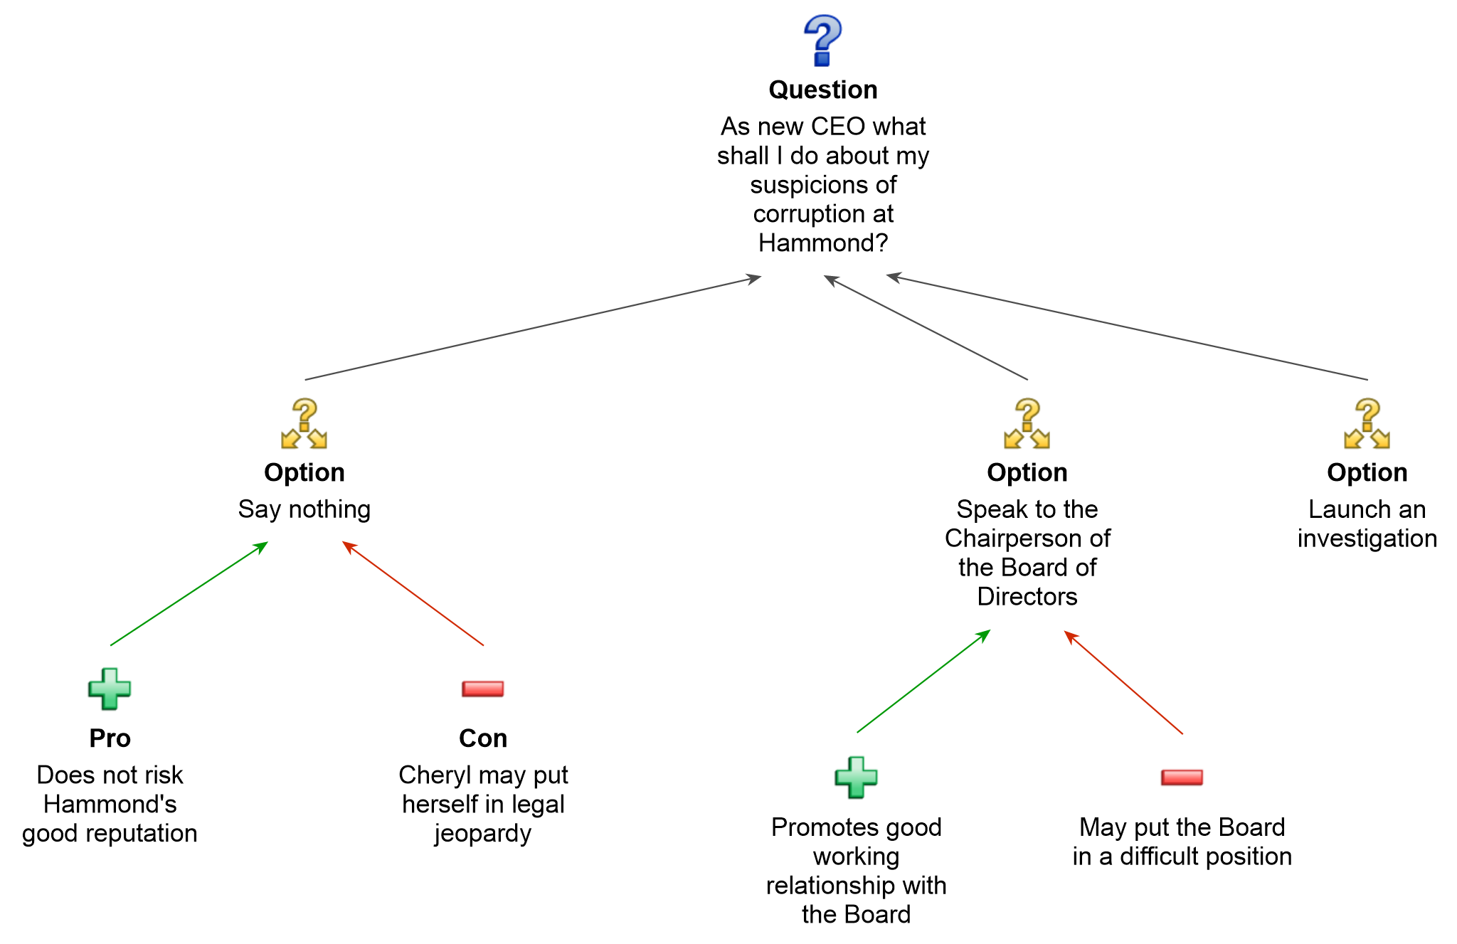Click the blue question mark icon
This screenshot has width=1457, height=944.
(823, 41)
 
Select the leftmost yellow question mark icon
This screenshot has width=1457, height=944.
(304, 423)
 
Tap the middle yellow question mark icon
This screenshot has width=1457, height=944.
(1027, 423)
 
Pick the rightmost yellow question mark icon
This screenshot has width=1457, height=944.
(1367, 423)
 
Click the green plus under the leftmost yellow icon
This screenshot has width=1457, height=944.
(110, 689)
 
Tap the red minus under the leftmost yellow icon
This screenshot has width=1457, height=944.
(483, 689)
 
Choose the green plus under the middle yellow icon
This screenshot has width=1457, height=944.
(857, 777)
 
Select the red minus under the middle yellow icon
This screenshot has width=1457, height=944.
(1182, 777)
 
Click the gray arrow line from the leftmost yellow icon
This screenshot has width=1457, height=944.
(534, 328)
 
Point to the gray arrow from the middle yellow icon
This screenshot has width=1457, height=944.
(925, 328)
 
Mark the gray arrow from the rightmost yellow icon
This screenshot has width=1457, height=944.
(1128, 328)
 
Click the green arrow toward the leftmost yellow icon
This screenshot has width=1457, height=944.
(189, 594)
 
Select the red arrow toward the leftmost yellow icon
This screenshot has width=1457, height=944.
(413, 594)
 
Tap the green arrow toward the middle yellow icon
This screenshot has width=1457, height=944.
(923, 682)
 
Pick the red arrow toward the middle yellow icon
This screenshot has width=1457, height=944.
(1123, 682)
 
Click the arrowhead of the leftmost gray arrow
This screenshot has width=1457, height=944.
(756, 277)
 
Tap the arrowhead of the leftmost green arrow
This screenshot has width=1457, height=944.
(263, 546)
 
